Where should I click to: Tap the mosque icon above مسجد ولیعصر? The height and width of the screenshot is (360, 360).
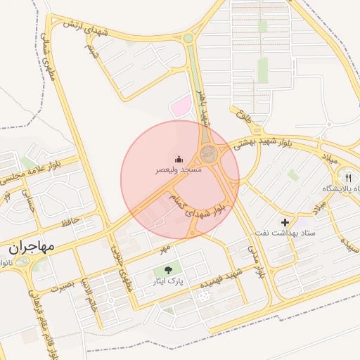tap(179, 159)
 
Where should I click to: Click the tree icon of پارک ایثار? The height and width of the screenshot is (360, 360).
tap(167, 269)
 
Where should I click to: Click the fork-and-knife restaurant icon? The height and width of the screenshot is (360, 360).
tap(347, 178)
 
